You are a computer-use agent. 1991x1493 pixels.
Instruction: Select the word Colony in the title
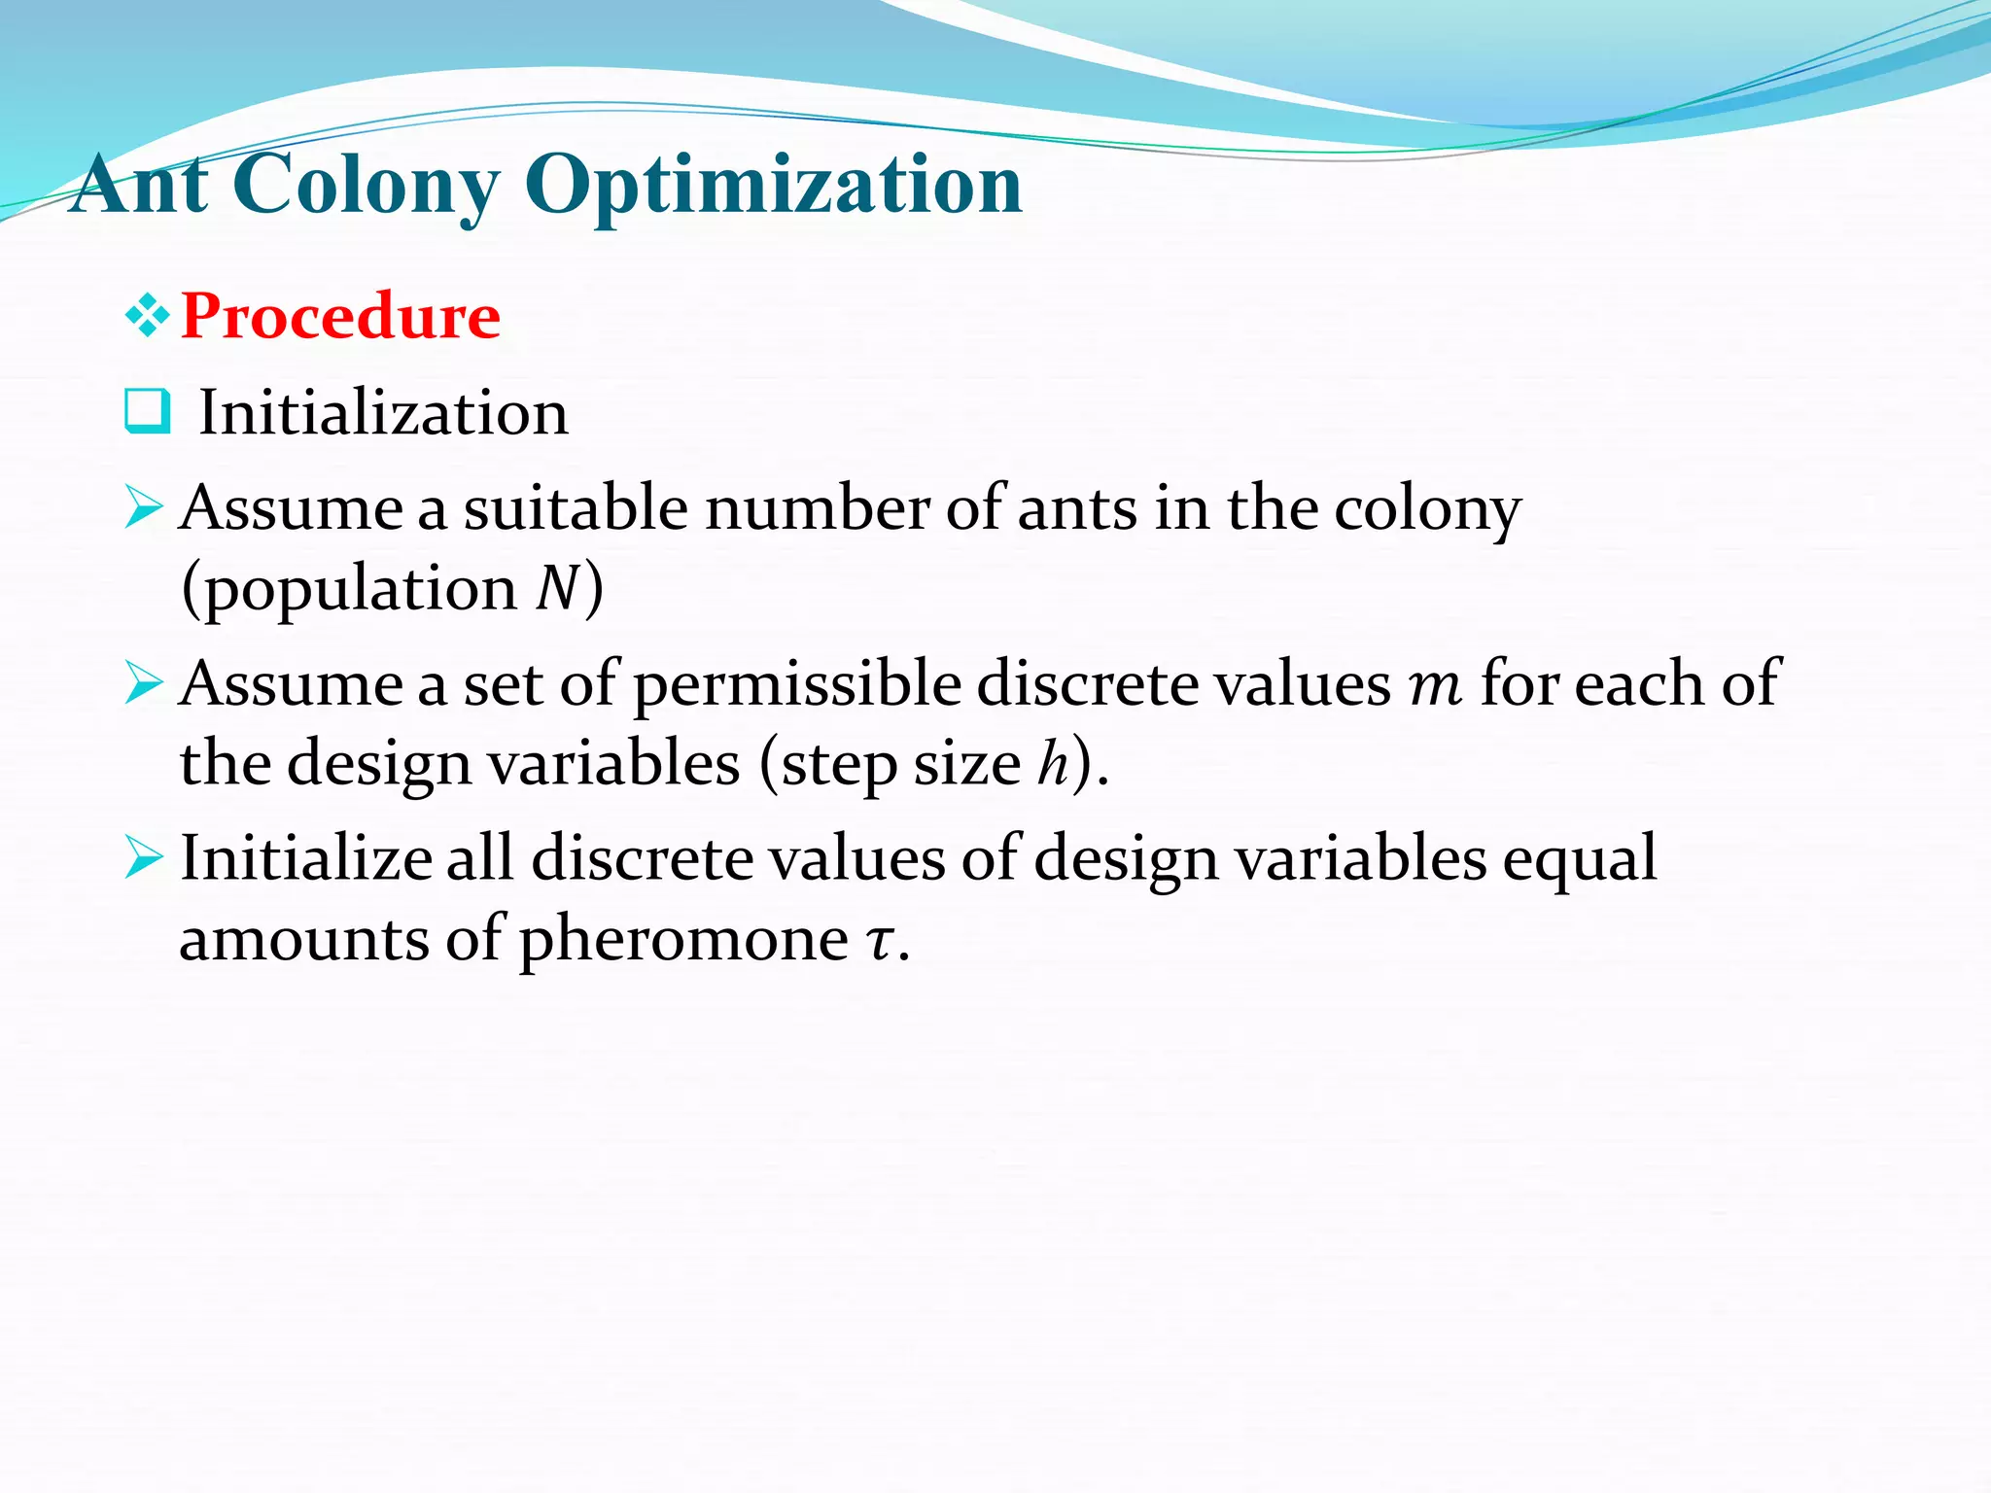pos(367,187)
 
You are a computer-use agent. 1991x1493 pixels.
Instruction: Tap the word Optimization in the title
pos(774,187)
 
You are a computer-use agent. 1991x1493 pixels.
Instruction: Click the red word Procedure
pos(340,317)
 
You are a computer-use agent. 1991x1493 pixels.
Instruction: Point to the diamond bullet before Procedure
pos(147,317)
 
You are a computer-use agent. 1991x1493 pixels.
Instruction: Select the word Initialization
pos(383,413)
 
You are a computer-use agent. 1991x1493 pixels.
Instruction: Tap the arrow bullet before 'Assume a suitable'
pos(144,508)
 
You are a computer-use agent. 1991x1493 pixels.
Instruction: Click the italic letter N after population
pos(558,589)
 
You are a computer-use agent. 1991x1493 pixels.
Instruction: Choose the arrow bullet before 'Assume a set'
pos(144,683)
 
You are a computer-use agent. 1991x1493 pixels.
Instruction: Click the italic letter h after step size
pos(1053,764)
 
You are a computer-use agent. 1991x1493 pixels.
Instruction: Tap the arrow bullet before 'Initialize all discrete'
pos(144,858)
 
